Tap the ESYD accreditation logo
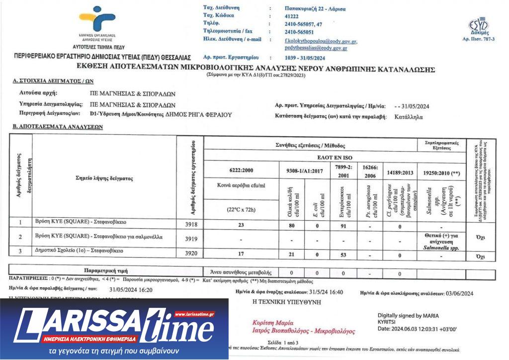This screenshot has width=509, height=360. click(478, 26)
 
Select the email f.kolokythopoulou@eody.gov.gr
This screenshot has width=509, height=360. click(321, 41)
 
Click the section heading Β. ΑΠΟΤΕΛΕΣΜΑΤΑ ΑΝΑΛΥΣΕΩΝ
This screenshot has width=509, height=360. click(58, 127)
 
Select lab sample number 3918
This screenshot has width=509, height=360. click(191, 225)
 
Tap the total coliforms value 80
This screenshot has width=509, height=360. click(293, 225)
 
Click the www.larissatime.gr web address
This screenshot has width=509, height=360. click(194, 314)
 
